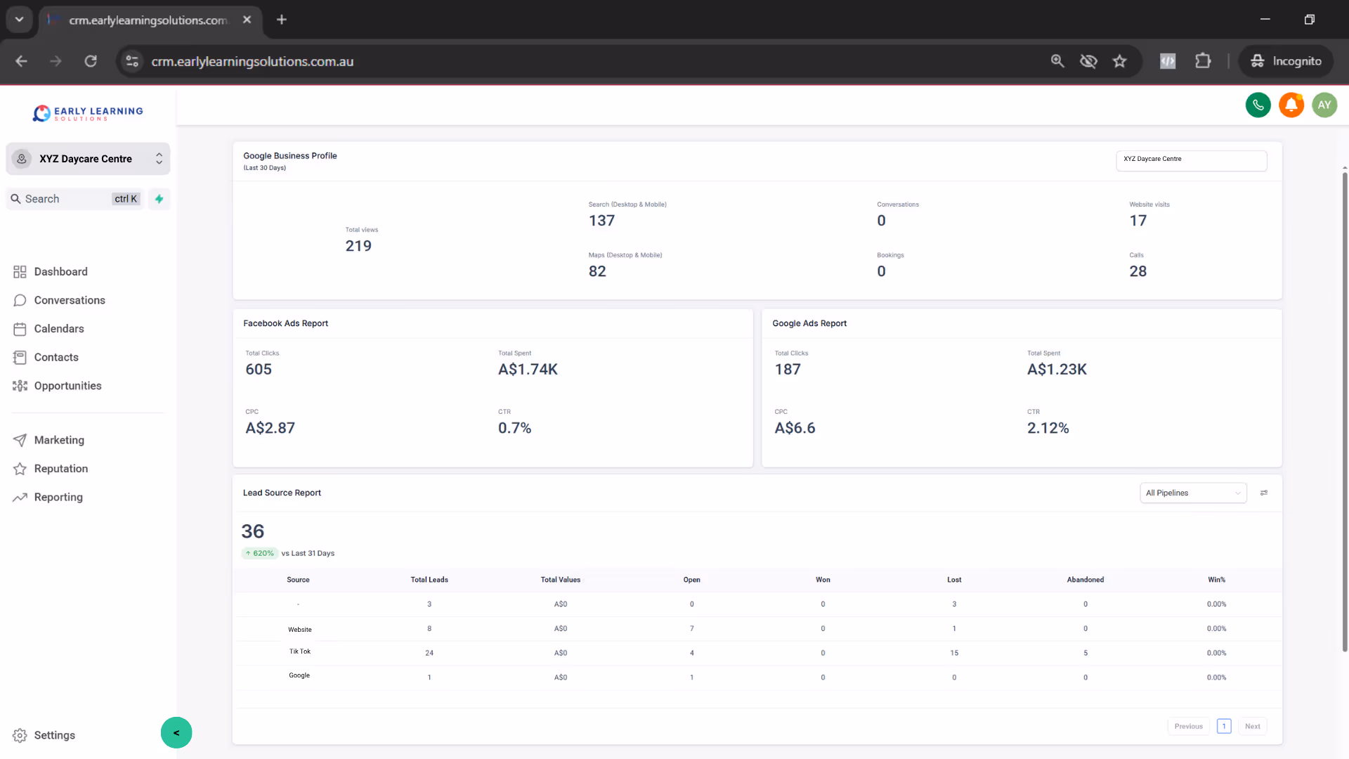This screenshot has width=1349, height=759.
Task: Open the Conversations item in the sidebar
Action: point(69,300)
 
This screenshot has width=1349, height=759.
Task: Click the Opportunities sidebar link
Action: point(67,386)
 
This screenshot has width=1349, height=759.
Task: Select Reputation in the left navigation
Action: point(60,469)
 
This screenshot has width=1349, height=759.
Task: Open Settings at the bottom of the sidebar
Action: point(54,735)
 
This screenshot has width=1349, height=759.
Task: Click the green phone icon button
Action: point(1258,105)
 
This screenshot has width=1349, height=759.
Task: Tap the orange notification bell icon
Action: point(1291,105)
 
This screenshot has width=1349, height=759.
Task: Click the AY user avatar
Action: point(1324,105)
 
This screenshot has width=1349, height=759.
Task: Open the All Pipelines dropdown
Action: point(1193,493)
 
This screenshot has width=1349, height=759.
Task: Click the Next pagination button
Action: point(1252,727)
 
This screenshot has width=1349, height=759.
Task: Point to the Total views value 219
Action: point(358,246)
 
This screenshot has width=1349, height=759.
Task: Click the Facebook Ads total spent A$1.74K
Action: point(528,370)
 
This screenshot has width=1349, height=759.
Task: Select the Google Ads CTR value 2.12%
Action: point(1048,428)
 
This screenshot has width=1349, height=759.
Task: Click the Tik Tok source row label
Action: point(300,651)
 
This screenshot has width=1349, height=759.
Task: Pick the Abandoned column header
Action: point(1085,580)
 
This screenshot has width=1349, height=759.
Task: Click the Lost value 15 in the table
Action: point(954,653)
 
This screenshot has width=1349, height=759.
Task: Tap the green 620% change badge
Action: point(260,554)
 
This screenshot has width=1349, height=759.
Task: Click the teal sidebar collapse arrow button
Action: point(176,733)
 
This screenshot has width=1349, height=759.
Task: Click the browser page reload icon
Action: point(91,61)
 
